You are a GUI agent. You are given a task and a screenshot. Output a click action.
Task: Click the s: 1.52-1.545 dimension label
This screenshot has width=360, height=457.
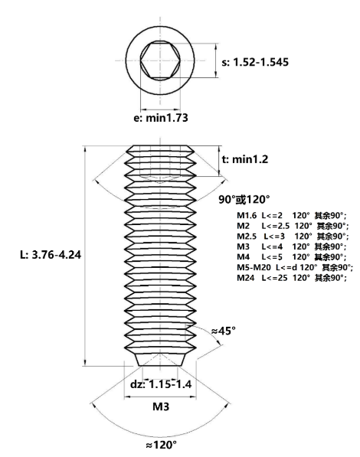pyautogui.click(x=255, y=62)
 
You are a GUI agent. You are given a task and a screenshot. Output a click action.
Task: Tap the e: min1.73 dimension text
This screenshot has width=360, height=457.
pyautogui.click(x=161, y=118)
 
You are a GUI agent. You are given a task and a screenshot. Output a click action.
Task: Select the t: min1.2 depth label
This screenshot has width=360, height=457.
pyautogui.click(x=245, y=159)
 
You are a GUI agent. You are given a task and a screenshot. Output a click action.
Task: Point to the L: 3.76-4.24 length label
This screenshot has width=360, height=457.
pyautogui.click(x=51, y=255)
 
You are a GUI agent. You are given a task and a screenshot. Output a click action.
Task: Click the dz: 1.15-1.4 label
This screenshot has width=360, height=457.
pyautogui.click(x=161, y=384)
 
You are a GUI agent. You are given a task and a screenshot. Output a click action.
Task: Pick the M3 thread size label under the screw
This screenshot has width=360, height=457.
pyautogui.click(x=161, y=406)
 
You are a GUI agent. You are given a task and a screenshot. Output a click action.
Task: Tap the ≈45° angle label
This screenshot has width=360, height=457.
pyautogui.click(x=224, y=331)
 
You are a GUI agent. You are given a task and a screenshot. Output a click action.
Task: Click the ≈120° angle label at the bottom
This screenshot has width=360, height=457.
pyautogui.click(x=162, y=445)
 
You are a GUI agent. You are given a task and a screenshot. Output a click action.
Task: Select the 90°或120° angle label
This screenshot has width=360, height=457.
pyautogui.click(x=244, y=200)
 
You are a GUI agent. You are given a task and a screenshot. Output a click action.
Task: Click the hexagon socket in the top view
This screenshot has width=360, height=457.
pyautogui.click(x=160, y=60)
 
